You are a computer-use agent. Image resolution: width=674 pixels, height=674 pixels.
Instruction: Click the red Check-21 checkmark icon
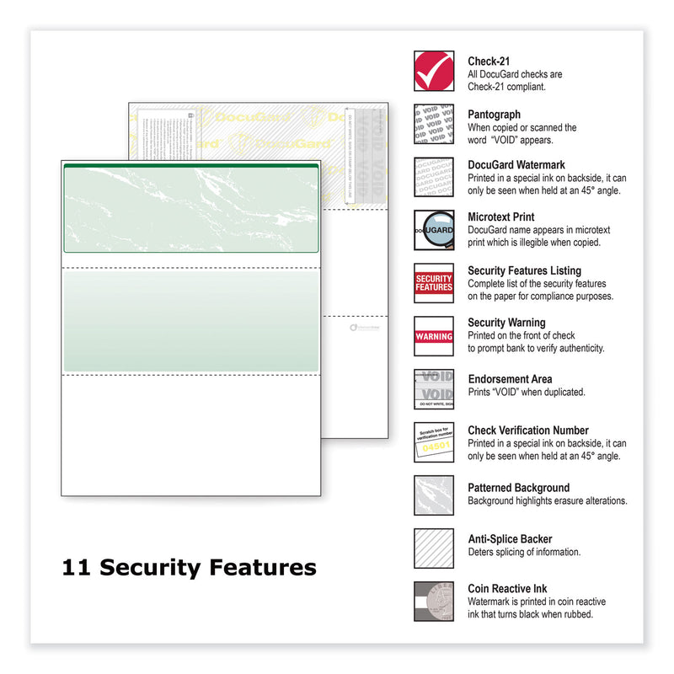coord(434,71)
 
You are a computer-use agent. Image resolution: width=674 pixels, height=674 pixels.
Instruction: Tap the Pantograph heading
coord(495,114)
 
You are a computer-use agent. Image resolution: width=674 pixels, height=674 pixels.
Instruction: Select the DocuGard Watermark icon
coord(434,177)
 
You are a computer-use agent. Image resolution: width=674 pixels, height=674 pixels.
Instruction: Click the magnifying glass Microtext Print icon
coord(434,230)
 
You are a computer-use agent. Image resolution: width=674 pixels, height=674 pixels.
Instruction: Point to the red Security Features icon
coord(434,282)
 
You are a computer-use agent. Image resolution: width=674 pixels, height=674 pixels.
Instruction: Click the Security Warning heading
coord(506,323)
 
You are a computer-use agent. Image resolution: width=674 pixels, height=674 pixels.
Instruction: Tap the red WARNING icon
coord(434,336)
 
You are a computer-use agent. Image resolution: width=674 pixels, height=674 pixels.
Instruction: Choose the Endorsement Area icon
coord(434,389)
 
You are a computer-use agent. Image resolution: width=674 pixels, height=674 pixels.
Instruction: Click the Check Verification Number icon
coord(434,442)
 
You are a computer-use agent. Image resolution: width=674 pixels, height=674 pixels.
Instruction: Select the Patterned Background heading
coord(518,488)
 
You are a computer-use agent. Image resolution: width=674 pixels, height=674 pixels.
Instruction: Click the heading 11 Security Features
coord(189,568)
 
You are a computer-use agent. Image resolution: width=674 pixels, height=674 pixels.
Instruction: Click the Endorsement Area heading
coord(510,379)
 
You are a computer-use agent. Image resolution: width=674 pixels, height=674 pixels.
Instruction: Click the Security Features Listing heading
coord(524,270)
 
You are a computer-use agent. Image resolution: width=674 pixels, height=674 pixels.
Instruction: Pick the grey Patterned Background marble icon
coord(434,495)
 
